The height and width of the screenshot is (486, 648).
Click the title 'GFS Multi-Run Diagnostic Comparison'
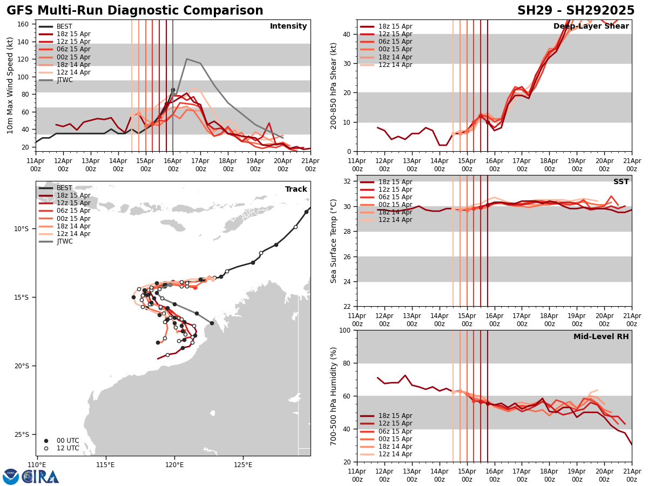[135, 11]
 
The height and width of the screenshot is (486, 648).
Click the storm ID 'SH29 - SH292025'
[576, 11]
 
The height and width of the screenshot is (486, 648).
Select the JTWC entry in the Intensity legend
[65, 80]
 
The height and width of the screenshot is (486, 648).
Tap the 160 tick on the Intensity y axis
[24, 24]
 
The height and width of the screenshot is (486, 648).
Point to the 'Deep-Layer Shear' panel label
[591, 26]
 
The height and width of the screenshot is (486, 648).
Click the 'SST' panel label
[621, 182]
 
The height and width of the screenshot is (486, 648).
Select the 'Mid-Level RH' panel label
[601, 337]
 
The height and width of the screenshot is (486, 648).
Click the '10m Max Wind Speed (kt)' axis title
[10, 85]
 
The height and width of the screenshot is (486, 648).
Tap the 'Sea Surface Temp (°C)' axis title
[334, 241]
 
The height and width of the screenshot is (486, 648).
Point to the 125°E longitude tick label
[243, 465]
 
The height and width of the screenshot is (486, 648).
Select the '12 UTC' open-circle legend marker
[46, 448]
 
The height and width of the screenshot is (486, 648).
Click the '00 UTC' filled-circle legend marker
[46, 441]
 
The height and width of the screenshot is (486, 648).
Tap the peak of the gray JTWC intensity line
[187, 59]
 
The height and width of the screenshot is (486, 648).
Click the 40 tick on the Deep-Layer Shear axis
[347, 34]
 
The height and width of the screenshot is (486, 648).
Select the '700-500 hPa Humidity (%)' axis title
[334, 396]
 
